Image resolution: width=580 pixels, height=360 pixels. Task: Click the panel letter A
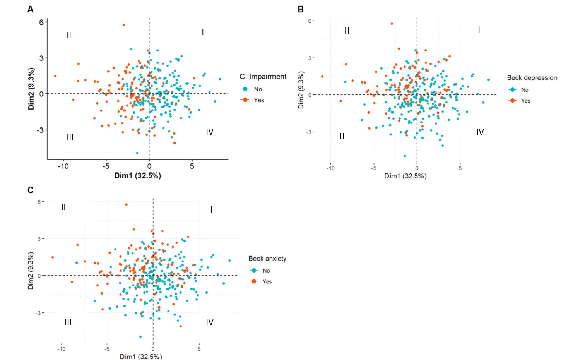coord(30,9)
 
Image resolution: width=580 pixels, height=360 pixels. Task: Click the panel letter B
coord(301,9)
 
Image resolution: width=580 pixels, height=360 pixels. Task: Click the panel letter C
coord(31,190)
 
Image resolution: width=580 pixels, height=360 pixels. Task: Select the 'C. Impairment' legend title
coord(263,77)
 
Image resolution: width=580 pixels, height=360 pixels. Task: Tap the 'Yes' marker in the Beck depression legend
coord(513,101)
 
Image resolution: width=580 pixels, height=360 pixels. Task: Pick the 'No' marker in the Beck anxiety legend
coord(254,271)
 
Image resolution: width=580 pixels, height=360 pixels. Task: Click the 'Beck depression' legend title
coord(532,78)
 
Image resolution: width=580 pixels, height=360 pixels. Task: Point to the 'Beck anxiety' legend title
coord(267,259)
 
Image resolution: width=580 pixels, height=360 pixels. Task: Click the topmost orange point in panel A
coord(124,25)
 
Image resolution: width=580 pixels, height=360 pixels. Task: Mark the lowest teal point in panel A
coord(137,153)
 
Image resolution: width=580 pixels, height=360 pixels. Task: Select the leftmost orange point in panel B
coord(322,77)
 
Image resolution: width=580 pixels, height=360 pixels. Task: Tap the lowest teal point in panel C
coord(140,337)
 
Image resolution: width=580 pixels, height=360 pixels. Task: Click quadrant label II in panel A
coord(69,35)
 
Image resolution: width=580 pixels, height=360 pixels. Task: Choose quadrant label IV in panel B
coord(480,132)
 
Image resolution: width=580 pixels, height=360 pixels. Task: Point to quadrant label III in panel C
coord(68,322)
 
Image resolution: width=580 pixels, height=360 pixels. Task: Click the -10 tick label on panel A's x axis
coord(63,166)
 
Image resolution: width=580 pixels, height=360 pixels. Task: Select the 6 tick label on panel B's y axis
coord(310,21)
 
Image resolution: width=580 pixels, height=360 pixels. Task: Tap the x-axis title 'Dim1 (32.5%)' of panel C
coord(141,357)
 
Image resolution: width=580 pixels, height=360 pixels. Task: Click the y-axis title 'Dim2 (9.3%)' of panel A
coord(31,89)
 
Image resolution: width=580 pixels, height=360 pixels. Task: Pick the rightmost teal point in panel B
coord(488,80)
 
